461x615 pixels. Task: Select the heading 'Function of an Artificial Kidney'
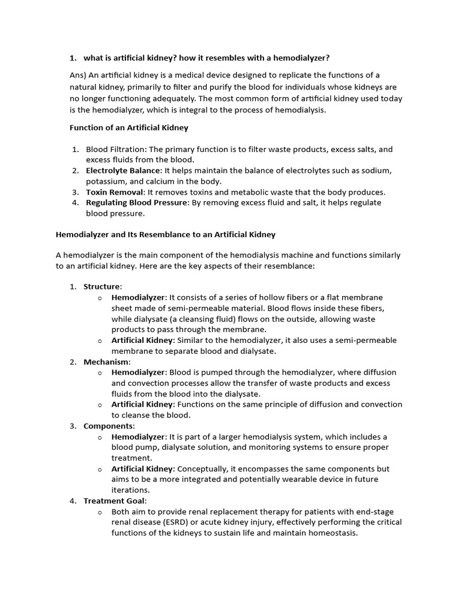point(129,127)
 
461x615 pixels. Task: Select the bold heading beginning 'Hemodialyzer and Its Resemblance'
point(165,234)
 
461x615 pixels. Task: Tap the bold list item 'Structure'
point(101,286)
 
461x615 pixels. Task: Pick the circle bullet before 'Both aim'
point(100,512)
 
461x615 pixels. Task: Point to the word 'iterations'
point(130,490)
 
